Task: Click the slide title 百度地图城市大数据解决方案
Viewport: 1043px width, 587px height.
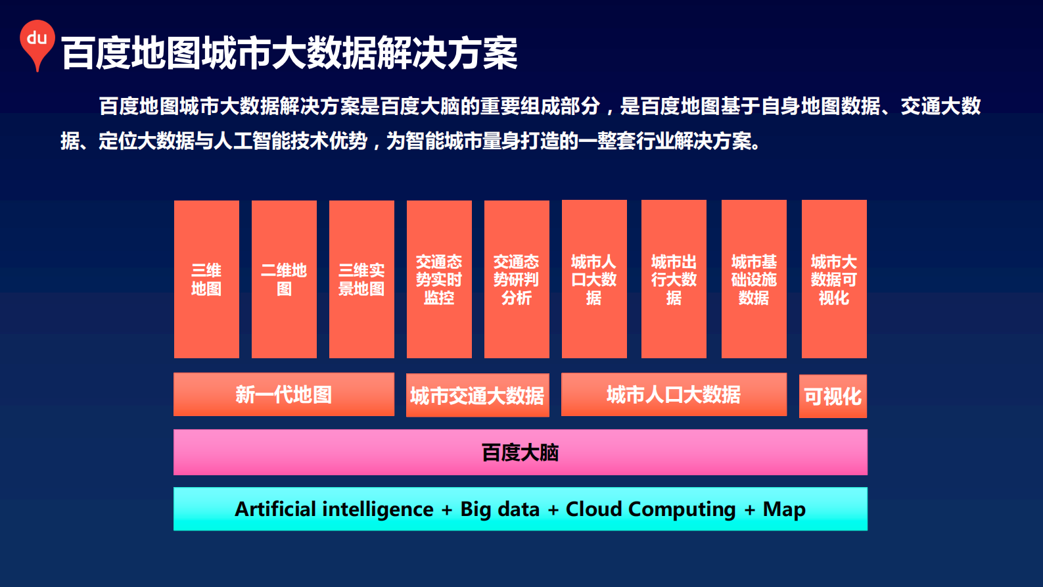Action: coord(289,53)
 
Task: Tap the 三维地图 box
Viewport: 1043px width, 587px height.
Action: coord(206,279)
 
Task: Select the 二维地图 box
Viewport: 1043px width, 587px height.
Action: coord(284,279)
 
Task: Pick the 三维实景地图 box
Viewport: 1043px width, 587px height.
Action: coord(361,279)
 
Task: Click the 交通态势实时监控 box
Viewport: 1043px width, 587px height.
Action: coord(439,279)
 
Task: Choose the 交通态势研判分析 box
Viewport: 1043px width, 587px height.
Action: coord(517,279)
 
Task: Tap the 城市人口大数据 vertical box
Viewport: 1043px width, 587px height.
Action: coord(594,279)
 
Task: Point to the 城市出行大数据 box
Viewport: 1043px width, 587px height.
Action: coord(674,279)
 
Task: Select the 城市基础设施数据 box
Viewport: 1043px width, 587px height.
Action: coord(754,279)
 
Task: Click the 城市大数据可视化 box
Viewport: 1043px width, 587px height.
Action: coord(834,279)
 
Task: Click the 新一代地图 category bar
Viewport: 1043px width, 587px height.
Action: coord(284,394)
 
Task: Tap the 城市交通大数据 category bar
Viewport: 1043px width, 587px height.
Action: coord(477,396)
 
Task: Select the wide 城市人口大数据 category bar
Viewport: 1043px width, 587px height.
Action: coord(674,394)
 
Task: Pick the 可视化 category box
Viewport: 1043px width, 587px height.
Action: coord(833,396)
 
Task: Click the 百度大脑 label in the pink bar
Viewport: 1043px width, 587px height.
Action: coord(520,452)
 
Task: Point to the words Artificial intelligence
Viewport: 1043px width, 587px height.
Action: coord(334,509)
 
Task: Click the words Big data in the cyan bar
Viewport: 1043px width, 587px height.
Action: coord(499,509)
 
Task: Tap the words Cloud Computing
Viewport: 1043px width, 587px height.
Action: coord(651,509)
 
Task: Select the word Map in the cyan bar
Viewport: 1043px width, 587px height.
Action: coord(784,509)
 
